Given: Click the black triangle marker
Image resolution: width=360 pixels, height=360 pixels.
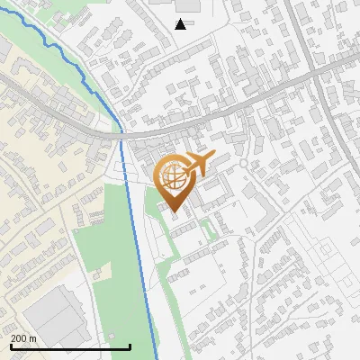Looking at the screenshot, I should pos(181,24).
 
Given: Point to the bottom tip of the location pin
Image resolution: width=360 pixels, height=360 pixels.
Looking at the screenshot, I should pos(175,213).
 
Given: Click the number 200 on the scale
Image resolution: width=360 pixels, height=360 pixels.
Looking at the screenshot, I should pos(19,338).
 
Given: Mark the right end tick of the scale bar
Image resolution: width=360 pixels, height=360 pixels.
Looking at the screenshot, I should pos(130,346).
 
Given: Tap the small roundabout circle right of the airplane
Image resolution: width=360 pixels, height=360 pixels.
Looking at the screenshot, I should pos(243,165).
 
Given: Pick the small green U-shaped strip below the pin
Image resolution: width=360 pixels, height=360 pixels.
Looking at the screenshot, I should pos(210,229).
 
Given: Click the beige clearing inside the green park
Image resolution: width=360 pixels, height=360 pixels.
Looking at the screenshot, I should pos(102,272).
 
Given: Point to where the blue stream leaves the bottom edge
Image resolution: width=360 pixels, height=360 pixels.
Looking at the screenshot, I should pos(157,358).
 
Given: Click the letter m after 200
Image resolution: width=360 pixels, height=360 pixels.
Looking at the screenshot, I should pos(32,338).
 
